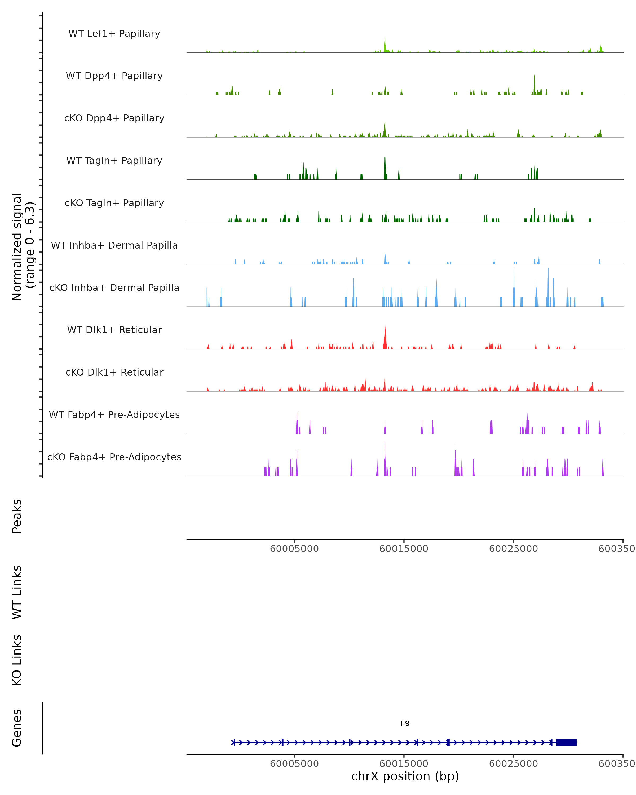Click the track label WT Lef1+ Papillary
pyautogui.click(x=114, y=34)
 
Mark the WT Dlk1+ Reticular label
pyautogui.click(x=114, y=330)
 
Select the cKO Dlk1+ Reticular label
pyautogui.click(x=114, y=372)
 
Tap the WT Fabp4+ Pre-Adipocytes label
pyautogui.click(x=114, y=414)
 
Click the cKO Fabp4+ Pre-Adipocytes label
pyautogui.click(x=114, y=457)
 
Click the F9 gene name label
pyautogui.click(x=405, y=723)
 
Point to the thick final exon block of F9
pyautogui.click(x=566, y=742)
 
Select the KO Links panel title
pyautogui.click(x=17, y=660)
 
